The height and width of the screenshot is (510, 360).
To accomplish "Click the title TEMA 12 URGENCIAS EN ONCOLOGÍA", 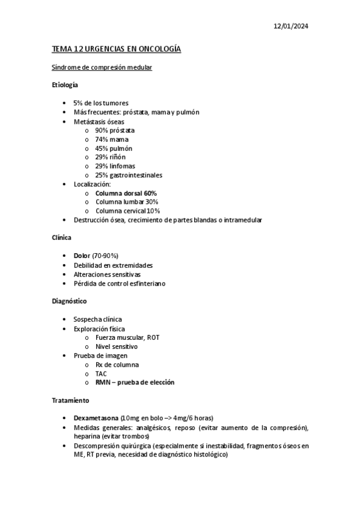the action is (116, 50).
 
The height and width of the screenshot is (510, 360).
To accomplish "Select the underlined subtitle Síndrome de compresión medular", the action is (102, 68).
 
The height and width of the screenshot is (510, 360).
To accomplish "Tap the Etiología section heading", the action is (65, 85).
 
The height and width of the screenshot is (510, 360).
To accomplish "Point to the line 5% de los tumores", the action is (101, 103).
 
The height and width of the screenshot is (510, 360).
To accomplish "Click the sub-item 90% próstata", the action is (115, 131).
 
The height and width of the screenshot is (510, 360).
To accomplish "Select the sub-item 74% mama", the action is (111, 140).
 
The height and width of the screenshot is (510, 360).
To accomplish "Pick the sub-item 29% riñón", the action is (110, 157).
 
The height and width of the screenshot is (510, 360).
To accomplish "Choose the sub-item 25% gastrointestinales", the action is (128, 175).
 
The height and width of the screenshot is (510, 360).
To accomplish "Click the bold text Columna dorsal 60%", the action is (126, 193).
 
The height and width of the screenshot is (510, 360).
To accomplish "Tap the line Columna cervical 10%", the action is (127, 211).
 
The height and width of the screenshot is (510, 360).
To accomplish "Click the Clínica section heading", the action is (62, 238).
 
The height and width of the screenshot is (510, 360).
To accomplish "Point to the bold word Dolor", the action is (82, 256).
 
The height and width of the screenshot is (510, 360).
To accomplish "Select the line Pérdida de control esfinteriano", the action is (120, 283).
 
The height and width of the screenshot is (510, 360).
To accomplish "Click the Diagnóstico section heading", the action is (69, 301).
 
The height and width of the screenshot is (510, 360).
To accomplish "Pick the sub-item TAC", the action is (101, 373).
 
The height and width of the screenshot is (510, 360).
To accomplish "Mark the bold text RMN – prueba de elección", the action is (135, 382).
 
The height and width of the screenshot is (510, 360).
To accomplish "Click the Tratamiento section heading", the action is (70, 400).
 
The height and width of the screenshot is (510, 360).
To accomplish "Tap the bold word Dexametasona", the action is (96, 418).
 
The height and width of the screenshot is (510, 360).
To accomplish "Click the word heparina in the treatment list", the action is (88, 436).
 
